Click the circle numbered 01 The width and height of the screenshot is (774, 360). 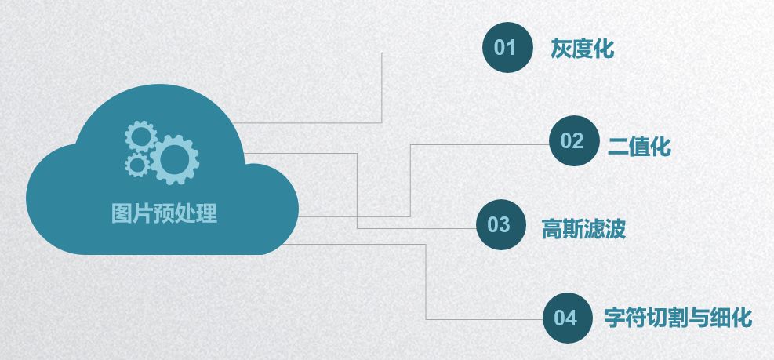(x=504, y=49)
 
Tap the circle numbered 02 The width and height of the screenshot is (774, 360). (x=572, y=141)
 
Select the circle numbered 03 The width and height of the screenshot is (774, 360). (x=499, y=225)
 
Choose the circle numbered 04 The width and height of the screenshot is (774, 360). (x=565, y=318)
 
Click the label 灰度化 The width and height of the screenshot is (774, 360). (x=581, y=49)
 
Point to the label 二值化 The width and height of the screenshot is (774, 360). (x=639, y=146)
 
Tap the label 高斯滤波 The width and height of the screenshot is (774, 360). (x=583, y=229)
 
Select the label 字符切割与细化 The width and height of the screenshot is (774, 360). (x=678, y=318)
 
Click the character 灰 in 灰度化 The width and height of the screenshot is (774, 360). (x=561, y=49)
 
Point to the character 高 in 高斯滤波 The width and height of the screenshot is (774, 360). (x=552, y=229)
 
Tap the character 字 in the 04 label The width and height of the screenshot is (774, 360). (x=614, y=318)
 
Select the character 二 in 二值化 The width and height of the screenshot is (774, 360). (x=618, y=146)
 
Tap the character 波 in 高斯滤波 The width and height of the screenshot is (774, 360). (x=616, y=229)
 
